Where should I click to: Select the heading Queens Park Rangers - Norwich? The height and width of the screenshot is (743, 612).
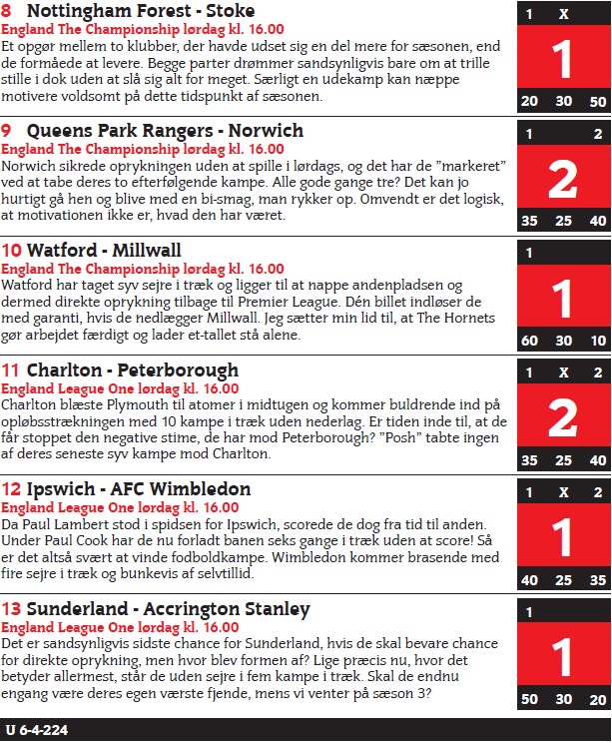pyautogui.click(x=165, y=131)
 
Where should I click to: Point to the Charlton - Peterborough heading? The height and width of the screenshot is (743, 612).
pyautogui.click(x=133, y=371)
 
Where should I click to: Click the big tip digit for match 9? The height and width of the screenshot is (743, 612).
pyautogui.click(x=563, y=180)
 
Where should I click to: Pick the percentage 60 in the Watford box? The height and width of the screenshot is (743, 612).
pyautogui.click(x=529, y=341)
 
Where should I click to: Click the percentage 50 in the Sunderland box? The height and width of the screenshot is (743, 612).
pyautogui.click(x=529, y=700)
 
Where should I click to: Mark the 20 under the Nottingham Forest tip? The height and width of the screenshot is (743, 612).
pyautogui.click(x=529, y=102)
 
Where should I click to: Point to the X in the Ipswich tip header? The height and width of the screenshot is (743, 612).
pyautogui.click(x=563, y=493)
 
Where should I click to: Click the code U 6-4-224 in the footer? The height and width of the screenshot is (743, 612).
pyautogui.click(x=37, y=730)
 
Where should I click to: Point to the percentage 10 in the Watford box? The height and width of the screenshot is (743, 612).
pyautogui.click(x=597, y=341)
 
